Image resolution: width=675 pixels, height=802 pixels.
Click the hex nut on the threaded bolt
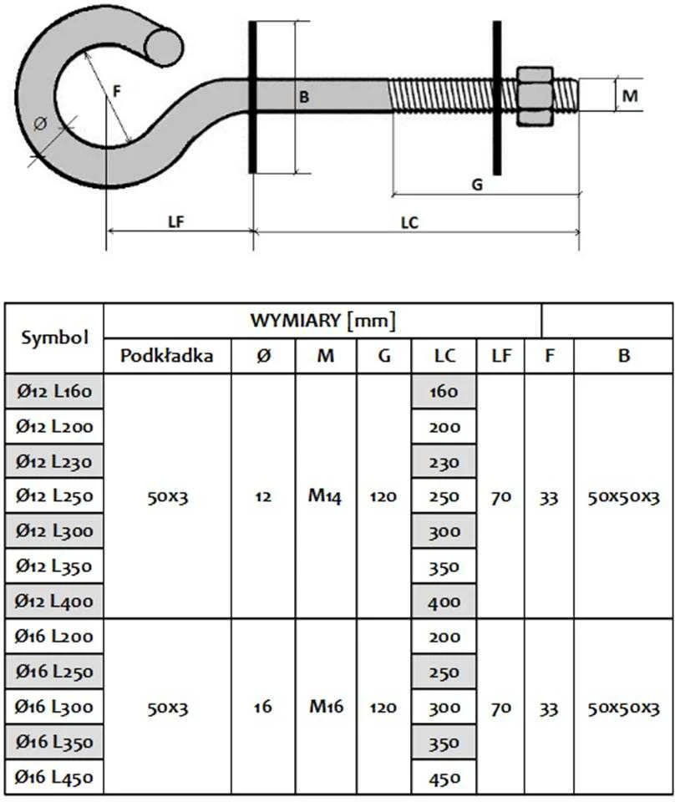pos(535,96)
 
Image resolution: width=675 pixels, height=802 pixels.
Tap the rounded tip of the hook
pos(164,47)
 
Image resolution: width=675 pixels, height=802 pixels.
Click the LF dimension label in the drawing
pos(176,222)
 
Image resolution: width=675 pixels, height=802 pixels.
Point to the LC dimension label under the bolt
pos(409,223)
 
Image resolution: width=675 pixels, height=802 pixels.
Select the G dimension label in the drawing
pos(477,185)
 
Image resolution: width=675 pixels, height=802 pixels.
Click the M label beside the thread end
pos(630,95)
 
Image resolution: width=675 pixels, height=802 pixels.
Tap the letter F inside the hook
pos(117,92)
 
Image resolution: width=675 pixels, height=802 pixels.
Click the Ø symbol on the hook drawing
pos(40,124)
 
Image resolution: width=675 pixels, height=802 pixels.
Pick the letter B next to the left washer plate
pos(304,97)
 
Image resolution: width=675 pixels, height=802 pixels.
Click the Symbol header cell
pos(54,338)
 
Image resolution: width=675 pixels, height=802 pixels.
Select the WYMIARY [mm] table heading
pos(322,321)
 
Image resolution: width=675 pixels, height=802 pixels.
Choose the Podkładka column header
pos(167,356)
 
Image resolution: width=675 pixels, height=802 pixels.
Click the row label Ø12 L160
pos(54,391)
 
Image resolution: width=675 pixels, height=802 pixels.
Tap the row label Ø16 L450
pos(54,777)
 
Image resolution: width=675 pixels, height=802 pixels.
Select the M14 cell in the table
pos(325,495)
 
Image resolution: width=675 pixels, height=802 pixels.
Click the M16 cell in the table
pos(327,707)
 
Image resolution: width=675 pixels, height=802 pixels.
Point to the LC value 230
pos(444,462)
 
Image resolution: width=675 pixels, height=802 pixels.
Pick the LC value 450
pos(444,779)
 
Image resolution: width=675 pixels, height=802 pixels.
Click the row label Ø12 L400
pos(54,601)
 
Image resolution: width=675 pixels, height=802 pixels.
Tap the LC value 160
pos(444,392)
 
